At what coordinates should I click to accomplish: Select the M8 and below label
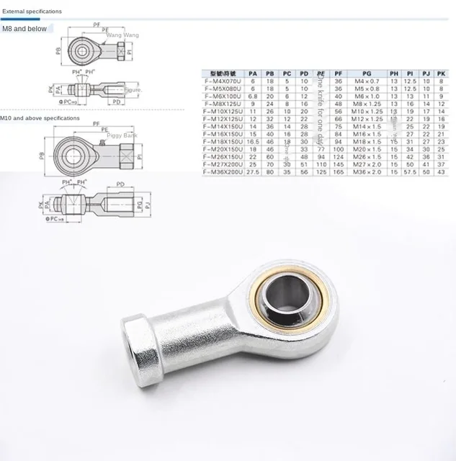pyautogui.click(x=24, y=29)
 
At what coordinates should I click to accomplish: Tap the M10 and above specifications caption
pyautogui.click(x=40, y=117)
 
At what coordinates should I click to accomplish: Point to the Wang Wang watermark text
pyautogui.click(x=122, y=35)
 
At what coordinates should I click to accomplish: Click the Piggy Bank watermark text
pyautogui.click(x=122, y=135)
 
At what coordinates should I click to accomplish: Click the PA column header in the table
pyautogui.click(x=252, y=73)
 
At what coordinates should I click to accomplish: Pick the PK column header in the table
pyautogui.click(x=442, y=73)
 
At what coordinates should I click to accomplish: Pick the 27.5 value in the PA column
pyautogui.click(x=252, y=173)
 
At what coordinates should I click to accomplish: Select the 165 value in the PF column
pyautogui.click(x=338, y=173)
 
